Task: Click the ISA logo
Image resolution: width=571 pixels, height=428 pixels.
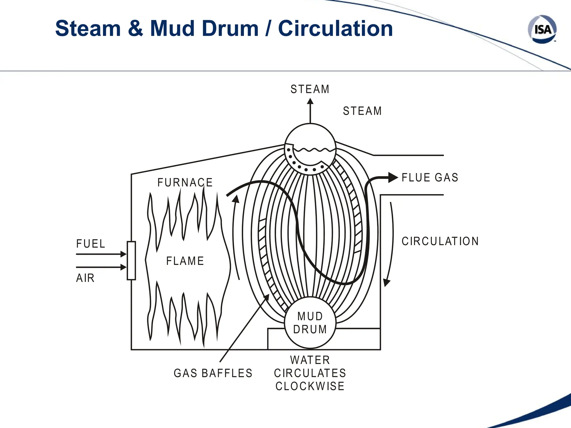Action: pyautogui.click(x=542, y=29)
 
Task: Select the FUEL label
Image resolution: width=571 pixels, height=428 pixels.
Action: pyautogui.click(x=91, y=244)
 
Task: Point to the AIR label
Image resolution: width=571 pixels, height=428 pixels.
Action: pyautogui.click(x=85, y=278)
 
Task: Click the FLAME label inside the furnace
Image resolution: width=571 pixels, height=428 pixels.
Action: pyautogui.click(x=185, y=261)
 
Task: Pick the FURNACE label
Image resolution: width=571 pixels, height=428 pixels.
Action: pyautogui.click(x=185, y=183)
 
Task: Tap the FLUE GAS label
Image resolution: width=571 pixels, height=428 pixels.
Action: pyautogui.click(x=430, y=177)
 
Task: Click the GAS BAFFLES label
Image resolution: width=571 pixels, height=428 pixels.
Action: pyautogui.click(x=213, y=373)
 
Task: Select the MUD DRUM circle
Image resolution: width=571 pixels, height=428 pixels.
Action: pyautogui.click(x=310, y=323)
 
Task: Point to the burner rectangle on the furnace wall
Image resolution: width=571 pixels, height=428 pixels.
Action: pyautogui.click(x=131, y=261)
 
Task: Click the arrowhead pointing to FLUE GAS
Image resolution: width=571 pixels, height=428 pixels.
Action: pyautogui.click(x=393, y=177)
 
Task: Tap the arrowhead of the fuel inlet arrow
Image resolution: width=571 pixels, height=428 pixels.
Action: pyautogui.click(x=124, y=254)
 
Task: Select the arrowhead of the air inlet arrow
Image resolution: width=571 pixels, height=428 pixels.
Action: pyautogui.click(x=124, y=267)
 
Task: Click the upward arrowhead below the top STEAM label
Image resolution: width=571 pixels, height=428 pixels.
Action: pyautogui.click(x=310, y=101)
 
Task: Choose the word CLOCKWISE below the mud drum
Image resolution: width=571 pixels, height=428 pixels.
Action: pyautogui.click(x=310, y=386)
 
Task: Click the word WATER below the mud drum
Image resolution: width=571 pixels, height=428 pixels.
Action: pyautogui.click(x=310, y=360)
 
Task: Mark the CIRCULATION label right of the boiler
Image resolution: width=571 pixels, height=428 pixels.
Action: pyautogui.click(x=440, y=241)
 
